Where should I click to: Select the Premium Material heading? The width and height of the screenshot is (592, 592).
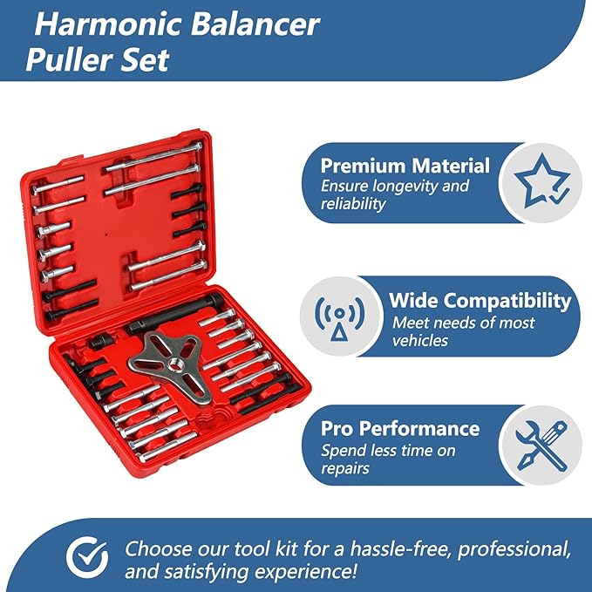click(405, 166)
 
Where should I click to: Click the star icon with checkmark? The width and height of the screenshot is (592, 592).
click(541, 182)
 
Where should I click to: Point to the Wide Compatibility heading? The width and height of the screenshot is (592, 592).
click(480, 302)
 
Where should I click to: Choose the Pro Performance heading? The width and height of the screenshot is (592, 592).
click(400, 428)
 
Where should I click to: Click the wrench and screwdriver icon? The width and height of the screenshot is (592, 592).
click(541, 445)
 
